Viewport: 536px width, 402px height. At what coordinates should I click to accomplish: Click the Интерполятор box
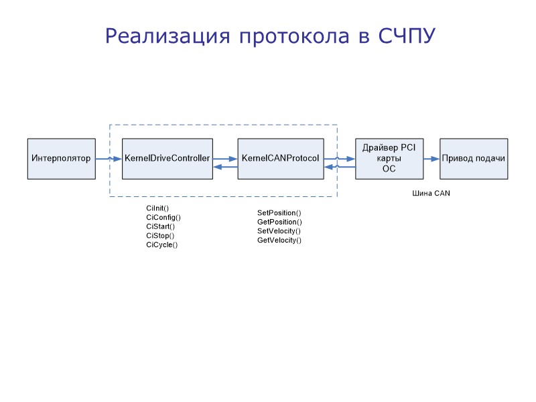tap(61, 159)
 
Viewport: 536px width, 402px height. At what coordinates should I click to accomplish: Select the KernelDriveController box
tap(167, 159)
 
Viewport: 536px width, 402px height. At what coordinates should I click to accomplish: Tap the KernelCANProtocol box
tap(280, 159)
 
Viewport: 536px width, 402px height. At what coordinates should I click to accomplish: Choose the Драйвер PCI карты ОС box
tap(389, 159)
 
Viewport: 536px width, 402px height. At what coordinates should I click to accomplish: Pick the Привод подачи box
tap(473, 159)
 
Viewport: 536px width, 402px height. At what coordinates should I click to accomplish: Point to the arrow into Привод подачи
tap(431, 159)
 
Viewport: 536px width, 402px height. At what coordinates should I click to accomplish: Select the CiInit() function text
tap(157, 208)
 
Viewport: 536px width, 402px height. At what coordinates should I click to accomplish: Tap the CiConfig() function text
tap(163, 217)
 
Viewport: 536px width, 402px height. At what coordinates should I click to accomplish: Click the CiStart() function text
tap(160, 226)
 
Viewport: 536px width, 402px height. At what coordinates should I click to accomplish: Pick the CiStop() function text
tap(160, 236)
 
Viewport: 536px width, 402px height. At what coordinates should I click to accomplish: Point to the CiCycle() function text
tap(161, 245)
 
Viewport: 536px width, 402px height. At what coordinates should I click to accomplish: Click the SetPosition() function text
tap(279, 212)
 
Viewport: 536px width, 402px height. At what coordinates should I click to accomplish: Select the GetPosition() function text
tap(279, 222)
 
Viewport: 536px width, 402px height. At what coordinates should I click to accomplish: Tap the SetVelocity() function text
tap(279, 230)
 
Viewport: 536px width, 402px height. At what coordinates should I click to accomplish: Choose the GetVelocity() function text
tap(279, 240)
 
